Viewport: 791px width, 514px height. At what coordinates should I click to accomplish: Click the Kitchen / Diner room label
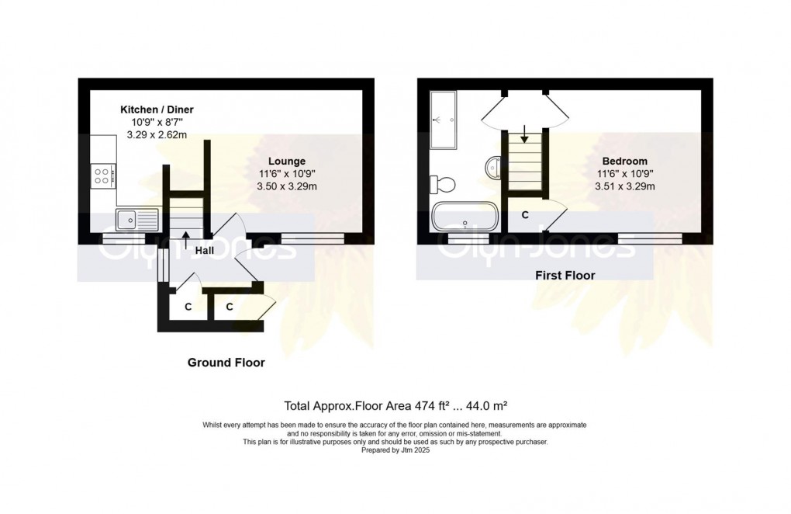point(157,109)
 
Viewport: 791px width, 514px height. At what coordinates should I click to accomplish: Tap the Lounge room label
point(286,161)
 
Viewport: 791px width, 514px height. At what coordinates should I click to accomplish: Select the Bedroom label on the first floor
point(624,161)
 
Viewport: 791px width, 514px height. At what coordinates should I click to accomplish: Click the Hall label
point(204,251)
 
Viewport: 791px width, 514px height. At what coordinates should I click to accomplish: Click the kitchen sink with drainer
point(136,220)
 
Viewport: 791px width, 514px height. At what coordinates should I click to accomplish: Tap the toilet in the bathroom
point(442,184)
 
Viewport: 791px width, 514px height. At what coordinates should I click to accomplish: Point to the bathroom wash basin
point(493,165)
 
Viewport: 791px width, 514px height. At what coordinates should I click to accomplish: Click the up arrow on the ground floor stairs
point(185,240)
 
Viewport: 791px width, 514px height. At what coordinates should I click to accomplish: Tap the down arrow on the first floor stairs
point(525,134)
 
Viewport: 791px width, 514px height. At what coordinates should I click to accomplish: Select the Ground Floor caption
point(226,363)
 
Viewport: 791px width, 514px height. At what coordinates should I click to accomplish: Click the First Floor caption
point(565,275)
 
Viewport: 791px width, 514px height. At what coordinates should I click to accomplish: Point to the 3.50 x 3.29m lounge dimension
point(286,186)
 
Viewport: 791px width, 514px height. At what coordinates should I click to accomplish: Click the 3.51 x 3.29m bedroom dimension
point(624,186)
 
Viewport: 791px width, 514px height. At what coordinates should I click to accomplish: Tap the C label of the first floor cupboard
point(525,215)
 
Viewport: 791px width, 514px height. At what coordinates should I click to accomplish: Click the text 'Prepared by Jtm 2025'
point(395,450)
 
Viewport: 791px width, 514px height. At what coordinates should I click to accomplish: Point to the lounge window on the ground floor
point(313,238)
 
